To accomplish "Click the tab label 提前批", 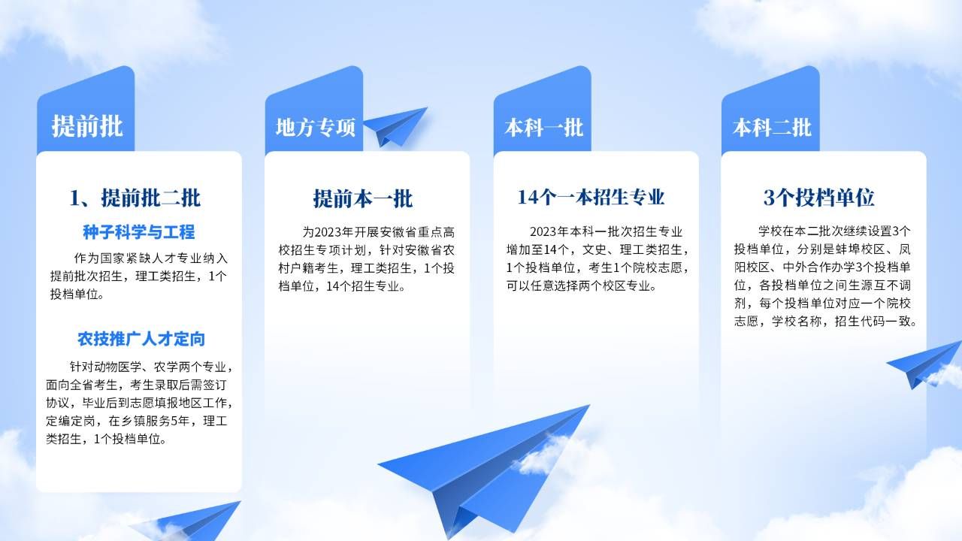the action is [x=87, y=126].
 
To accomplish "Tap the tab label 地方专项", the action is [x=316, y=128].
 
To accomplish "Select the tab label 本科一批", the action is [x=543, y=128].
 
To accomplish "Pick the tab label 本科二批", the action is [x=772, y=128].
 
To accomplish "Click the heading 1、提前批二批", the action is [x=135, y=198].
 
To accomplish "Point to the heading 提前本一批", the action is [x=363, y=198].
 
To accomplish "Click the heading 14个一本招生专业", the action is [x=591, y=197].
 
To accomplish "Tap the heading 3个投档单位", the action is [x=819, y=198].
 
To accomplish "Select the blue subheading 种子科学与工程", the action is [x=139, y=232].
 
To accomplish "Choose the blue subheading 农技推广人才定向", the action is [x=141, y=339].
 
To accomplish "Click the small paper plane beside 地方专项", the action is [x=395, y=126].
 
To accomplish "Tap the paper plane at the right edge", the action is [x=924, y=365].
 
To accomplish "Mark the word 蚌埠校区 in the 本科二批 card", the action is [x=861, y=249].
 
